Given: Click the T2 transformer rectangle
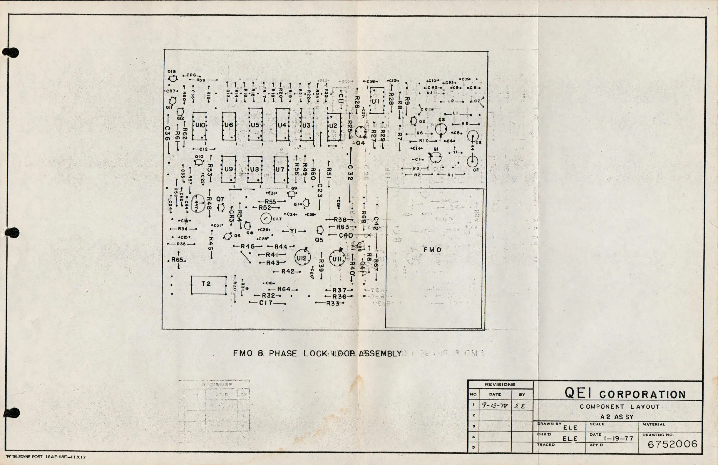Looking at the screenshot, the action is (x=208, y=285).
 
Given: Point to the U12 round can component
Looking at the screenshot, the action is (x=302, y=258).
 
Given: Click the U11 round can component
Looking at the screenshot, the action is (x=337, y=258).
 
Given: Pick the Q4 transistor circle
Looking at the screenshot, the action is (x=360, y=133).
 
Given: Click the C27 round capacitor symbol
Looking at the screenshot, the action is (x=266, y=219).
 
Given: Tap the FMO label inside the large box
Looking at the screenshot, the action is (x=432, y=250).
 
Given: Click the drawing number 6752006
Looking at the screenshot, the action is (x=672, y=444).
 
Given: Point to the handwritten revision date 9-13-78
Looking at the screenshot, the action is (x=495, y=406).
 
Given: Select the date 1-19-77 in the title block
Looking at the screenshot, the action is (x=618, y=438).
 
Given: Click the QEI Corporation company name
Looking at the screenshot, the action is (x=625, y=393).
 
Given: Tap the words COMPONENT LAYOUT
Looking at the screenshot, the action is (x=619, y=407).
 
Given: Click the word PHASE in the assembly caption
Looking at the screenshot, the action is (x=283, y=353).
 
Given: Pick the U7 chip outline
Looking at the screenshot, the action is (x=281, y=169).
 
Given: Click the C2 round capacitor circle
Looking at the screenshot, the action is (x=472, y=161).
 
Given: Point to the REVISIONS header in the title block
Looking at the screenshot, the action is (x=500, y=385).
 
